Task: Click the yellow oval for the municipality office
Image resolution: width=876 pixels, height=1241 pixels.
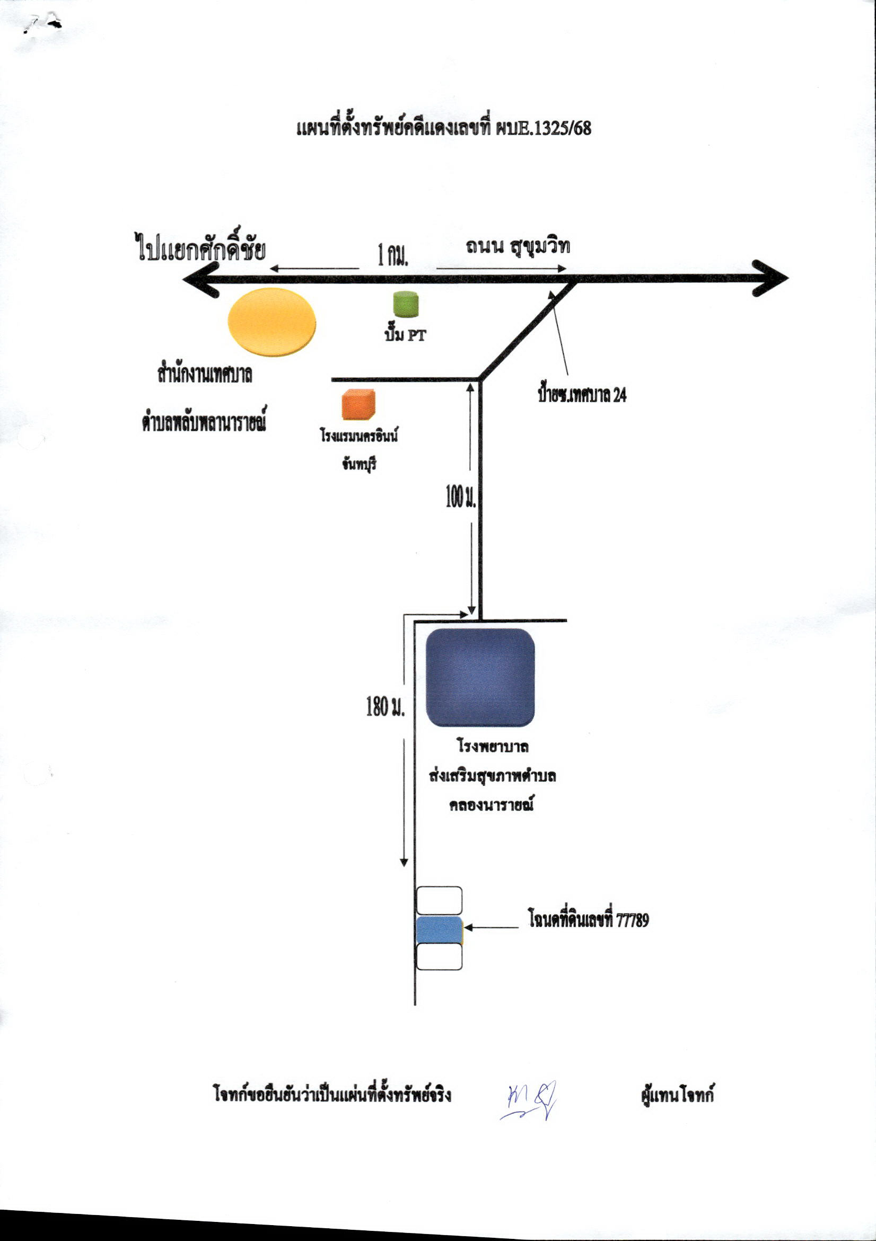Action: pyautogui.click(x=272, y=322)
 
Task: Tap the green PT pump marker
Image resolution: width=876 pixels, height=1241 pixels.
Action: pyautogui.click(x=406, y=304)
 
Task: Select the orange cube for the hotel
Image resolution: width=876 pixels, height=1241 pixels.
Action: pyautogui.click(x=358, y=404)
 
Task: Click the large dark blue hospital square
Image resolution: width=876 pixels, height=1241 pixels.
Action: pyautogui.click(x=480, y=678)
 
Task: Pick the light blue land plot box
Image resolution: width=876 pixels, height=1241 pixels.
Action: pyautogui.click(x=440, y=929)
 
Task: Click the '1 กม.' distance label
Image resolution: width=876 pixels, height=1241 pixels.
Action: pyautogui.click(x=392, y=254)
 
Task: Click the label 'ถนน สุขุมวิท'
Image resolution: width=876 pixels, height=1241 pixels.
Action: pyautogui.click(x=518, y=246)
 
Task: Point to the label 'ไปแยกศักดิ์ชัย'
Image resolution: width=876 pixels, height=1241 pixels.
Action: pyautogui.click(x=200, y=249)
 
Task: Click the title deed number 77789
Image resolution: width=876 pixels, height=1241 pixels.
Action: pyautogui.click(x=633, y=920)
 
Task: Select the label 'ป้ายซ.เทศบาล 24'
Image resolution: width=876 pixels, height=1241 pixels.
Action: pyautogui.click(x=582, y=395)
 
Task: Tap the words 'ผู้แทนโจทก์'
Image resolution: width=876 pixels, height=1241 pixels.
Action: pyautogui.click(x=677, y=1095)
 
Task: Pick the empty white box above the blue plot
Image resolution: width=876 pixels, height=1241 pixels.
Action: pyautogui.click(x=439, y=900)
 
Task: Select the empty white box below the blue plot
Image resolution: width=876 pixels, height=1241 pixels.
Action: pyautogui.click(x=439, y=956)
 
